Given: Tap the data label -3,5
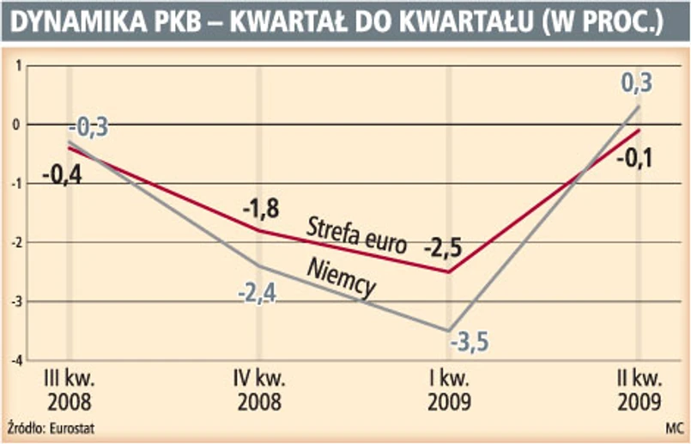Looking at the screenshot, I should (x=469, y=342).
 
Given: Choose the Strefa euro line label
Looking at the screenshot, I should (x=355, y=234).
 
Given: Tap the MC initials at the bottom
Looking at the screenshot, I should (x=675, y=427).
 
